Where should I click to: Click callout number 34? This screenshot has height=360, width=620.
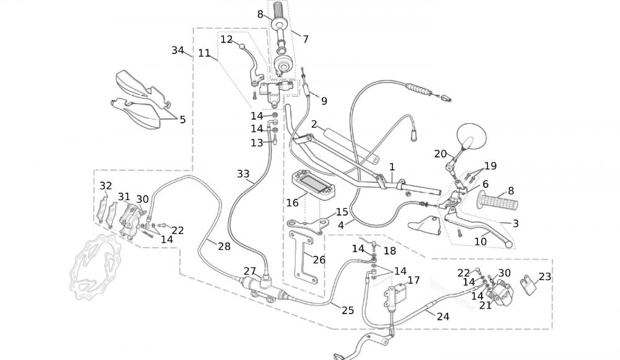click(178, 50)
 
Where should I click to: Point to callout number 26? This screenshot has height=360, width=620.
click(319, 260)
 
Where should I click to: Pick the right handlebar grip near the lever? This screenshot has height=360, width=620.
click(497, 203)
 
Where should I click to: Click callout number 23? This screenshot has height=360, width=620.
click(545, 277)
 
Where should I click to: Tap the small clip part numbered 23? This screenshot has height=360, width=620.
click(529, 286)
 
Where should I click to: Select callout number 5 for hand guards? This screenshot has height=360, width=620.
click(182, 120)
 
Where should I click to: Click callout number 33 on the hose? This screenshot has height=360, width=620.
click(244, 174)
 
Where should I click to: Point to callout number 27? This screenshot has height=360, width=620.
click(249, 271)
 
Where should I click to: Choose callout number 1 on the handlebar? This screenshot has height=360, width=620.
click(392, 167)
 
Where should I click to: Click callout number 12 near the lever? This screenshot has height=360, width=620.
click(226, 39)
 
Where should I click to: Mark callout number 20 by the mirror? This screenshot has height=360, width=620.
click(440, 154)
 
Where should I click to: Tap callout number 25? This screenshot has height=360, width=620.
click(348, 310)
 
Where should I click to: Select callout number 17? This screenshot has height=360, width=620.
click(414, 280)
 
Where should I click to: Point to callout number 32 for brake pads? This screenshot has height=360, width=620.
click(106, 186)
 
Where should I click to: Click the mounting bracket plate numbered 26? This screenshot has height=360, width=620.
click(302, 257)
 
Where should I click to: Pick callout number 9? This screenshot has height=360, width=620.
click(324, 100)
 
